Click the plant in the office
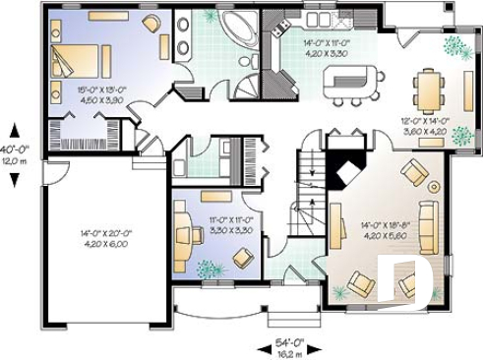(207, 266)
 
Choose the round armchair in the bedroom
(151, 24)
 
